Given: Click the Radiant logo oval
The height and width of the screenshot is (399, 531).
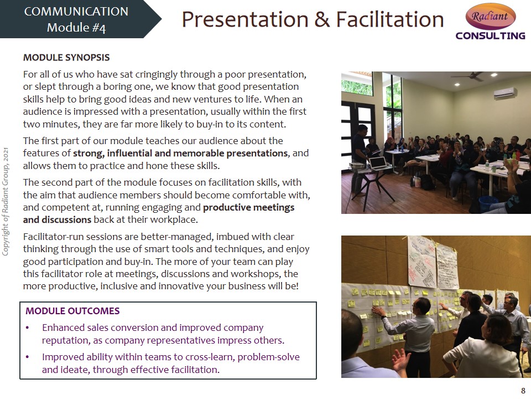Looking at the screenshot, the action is [491, 16].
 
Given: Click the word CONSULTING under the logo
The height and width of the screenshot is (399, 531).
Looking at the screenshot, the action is [491, 35].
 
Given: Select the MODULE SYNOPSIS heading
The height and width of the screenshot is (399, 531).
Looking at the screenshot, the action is [66, 57].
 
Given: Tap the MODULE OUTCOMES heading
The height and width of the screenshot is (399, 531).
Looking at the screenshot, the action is [72, 311].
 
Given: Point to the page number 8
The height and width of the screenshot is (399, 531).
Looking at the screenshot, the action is [523, 391].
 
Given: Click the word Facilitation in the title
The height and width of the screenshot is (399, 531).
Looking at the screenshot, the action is [390, 19].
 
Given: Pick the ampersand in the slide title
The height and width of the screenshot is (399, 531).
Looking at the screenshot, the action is [322, 19].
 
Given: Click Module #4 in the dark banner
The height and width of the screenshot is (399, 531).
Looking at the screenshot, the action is [76, 28].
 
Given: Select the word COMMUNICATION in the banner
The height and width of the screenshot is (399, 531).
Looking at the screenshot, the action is [76, 12].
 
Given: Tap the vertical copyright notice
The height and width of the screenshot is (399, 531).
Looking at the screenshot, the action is [6, 202].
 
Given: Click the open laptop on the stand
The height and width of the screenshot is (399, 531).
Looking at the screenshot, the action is [378, 163].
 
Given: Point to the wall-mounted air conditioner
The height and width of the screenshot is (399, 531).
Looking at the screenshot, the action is [505, 93].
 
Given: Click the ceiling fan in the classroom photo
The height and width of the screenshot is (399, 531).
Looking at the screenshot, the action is [471, 76].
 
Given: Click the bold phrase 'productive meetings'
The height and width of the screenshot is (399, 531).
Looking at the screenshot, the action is [248, 207].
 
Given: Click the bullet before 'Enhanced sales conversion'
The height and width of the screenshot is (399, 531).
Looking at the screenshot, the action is [28, 328].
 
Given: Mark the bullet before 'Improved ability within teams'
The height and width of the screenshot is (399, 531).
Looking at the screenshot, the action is [28, 357].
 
